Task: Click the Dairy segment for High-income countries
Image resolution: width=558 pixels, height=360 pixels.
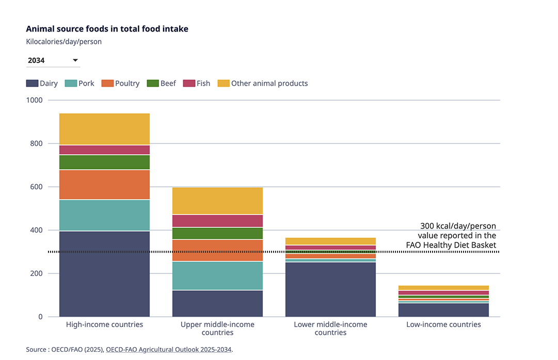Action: [x=104, y=273]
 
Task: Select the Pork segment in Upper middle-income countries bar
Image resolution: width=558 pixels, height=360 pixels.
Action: [x=217, y=275]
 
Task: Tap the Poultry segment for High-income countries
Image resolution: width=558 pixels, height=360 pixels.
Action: [x=104, y=185]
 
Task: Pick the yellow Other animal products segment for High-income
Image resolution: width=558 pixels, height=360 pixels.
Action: [x=104, y=129]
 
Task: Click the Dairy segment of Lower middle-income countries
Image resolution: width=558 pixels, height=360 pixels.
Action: [x=330, y=289]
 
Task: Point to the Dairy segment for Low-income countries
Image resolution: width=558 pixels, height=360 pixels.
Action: [x=443, y=309]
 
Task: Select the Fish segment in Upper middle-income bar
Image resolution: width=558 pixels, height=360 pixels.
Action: [x=217, y=221]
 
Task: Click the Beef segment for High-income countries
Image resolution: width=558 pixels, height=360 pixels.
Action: [x=104, y=162]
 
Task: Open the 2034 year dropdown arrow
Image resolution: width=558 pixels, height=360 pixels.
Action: [x=75, y=60]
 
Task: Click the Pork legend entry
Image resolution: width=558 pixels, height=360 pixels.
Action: [x=80, y=83]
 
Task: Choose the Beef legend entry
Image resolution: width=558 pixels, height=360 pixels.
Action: [x=162, y=83]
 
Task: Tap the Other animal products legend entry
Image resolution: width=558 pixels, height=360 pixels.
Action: [x=263, y=83]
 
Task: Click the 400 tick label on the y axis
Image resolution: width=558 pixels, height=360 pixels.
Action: [x=36, y=230]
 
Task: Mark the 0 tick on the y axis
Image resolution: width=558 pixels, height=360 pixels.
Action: [x=39, y=317]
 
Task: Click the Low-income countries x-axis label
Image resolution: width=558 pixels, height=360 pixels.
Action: [x=443, y=324]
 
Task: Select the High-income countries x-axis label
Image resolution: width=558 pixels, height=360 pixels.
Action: [x=104, y=324]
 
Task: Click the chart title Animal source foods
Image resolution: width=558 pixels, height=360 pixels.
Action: [x=107, y=29]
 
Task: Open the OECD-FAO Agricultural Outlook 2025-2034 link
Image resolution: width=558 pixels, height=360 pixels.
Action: [x=169, y=349]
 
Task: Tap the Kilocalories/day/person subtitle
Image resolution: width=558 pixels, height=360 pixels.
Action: [x=63, y=42]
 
